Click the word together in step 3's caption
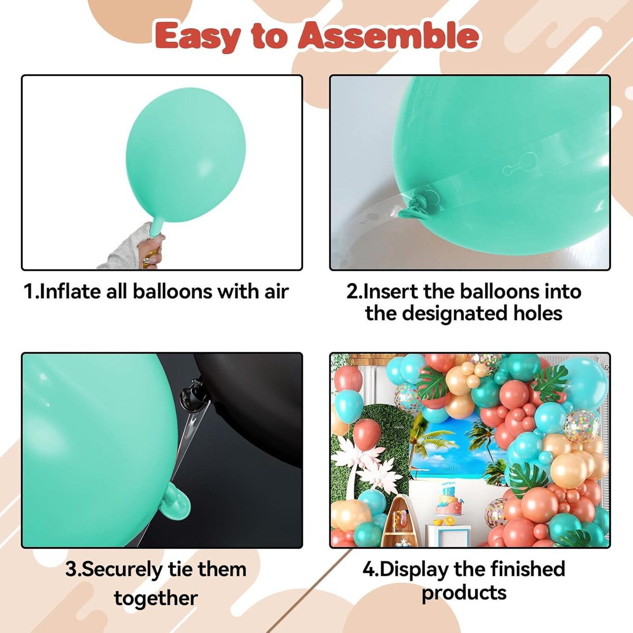pyautogui.click(x=156, y=598)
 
